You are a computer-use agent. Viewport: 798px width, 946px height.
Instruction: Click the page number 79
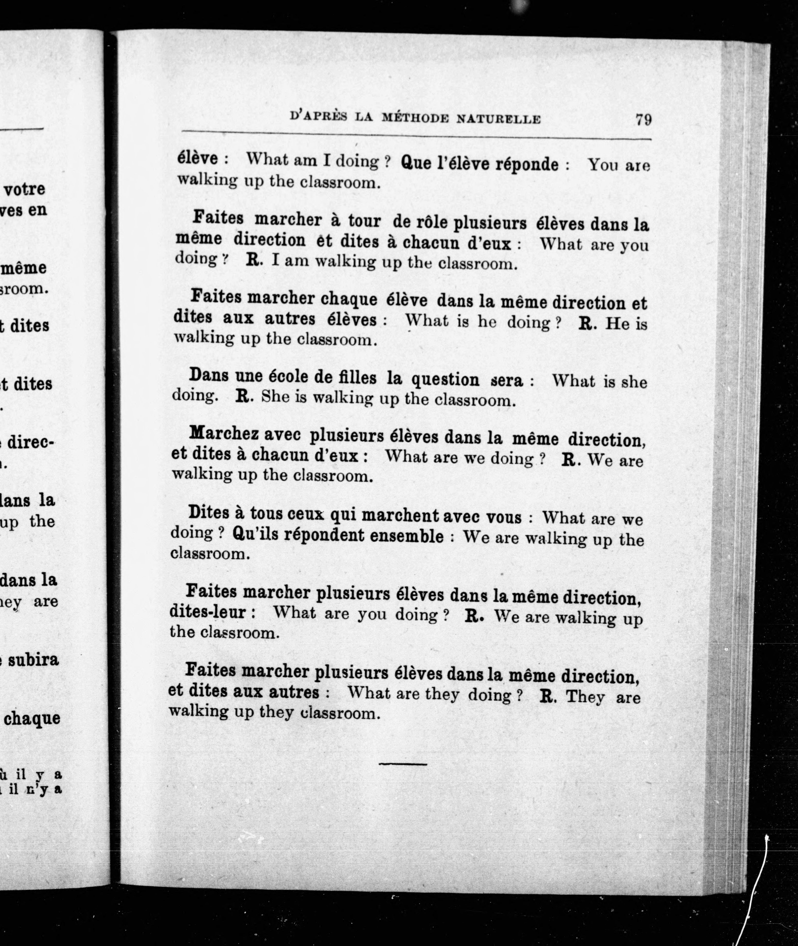coord(643,120)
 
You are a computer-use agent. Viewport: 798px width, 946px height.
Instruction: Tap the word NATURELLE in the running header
coord(499,119)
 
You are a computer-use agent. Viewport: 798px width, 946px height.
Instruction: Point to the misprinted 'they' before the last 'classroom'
coord(276,713)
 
